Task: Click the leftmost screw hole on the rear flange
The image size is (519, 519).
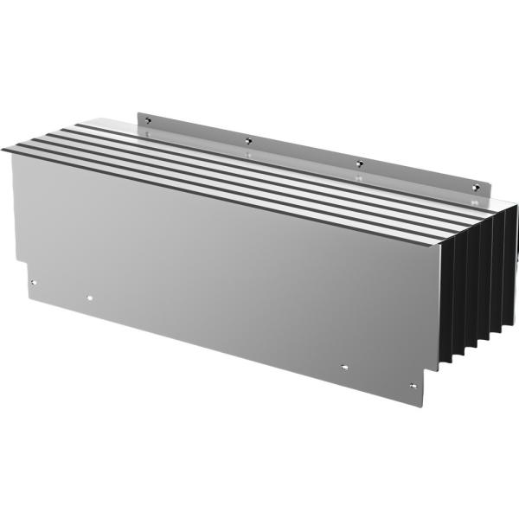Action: pyautogui.click(x=148, y=119)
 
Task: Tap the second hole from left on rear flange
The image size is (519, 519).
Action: pyautogui.click(x=248, y=140)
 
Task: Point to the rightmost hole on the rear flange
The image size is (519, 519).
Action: pyautogui.click(x=473, y=185)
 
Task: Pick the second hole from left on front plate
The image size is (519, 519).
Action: pyautogui.click(x=90, y=298)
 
